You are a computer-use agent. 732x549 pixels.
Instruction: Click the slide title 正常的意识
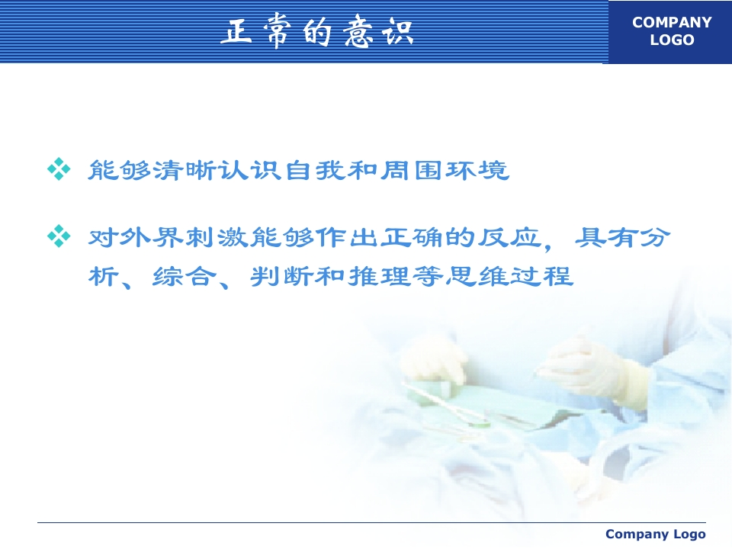[317, 33]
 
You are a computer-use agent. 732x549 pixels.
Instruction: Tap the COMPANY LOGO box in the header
[670, 32]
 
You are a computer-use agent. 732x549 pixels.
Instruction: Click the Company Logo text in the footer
[656, 534]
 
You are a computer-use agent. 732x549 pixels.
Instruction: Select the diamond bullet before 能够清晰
[59, 169]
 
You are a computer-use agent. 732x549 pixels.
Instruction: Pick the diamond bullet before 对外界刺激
[59, 236]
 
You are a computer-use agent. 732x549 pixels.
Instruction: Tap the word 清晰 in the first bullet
[185, 170]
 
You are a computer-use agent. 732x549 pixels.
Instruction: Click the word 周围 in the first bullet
[412, 170]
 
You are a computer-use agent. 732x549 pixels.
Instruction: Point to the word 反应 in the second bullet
[509, 237]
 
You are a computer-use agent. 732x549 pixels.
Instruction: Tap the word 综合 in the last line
[185, 276]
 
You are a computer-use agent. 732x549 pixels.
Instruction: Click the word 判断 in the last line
[282, 276]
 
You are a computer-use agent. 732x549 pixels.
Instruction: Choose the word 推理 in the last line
[379, 276]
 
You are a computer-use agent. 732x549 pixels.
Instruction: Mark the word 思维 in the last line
[476, 276]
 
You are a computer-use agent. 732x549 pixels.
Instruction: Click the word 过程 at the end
[541, 276]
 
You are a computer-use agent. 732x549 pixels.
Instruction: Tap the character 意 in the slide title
[358, 33]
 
